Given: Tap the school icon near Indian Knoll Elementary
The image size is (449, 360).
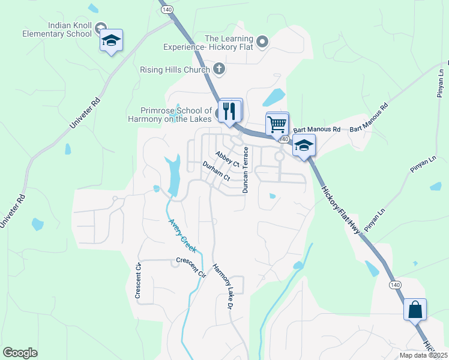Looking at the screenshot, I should click(111, 41).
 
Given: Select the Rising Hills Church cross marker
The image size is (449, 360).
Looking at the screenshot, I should click(219, 69).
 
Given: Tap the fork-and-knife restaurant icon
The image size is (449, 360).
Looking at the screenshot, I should click(231, 110).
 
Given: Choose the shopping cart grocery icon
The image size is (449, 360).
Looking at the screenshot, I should click(277, 124).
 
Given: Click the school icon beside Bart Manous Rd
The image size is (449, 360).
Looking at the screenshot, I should click(304, 146).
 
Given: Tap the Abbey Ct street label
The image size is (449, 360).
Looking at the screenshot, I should click(228, 160).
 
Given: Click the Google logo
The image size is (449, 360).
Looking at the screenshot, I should click(20, 353).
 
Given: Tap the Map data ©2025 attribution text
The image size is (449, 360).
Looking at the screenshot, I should click(423, 355).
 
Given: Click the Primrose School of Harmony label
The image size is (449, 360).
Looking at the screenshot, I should click(176, 114).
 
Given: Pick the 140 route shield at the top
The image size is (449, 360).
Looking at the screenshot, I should click(167, 10).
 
